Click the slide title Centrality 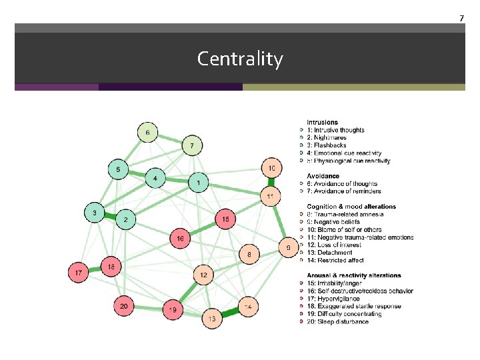click(x=240, y=59)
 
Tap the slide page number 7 click(x=461, y=17)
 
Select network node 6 click(x=148, y=133)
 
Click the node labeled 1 click(x=198, y=181)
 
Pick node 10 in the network click(x=271, y=169)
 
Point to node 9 click(x=289, y=247)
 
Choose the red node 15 click(x=225, y=219)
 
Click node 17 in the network click(x=79, y=272)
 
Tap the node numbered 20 click(x=123, y=307)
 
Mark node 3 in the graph click(x=95, y=213)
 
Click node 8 click(x=249, y=254)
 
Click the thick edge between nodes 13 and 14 click(x=230, y=313)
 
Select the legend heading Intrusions click(x=323, y=123)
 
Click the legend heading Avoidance click(x=323, y=176)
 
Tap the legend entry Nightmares click(x=331, y=138)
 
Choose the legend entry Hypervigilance click(x=337, y=299)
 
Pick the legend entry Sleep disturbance click(x=341, y=321)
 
